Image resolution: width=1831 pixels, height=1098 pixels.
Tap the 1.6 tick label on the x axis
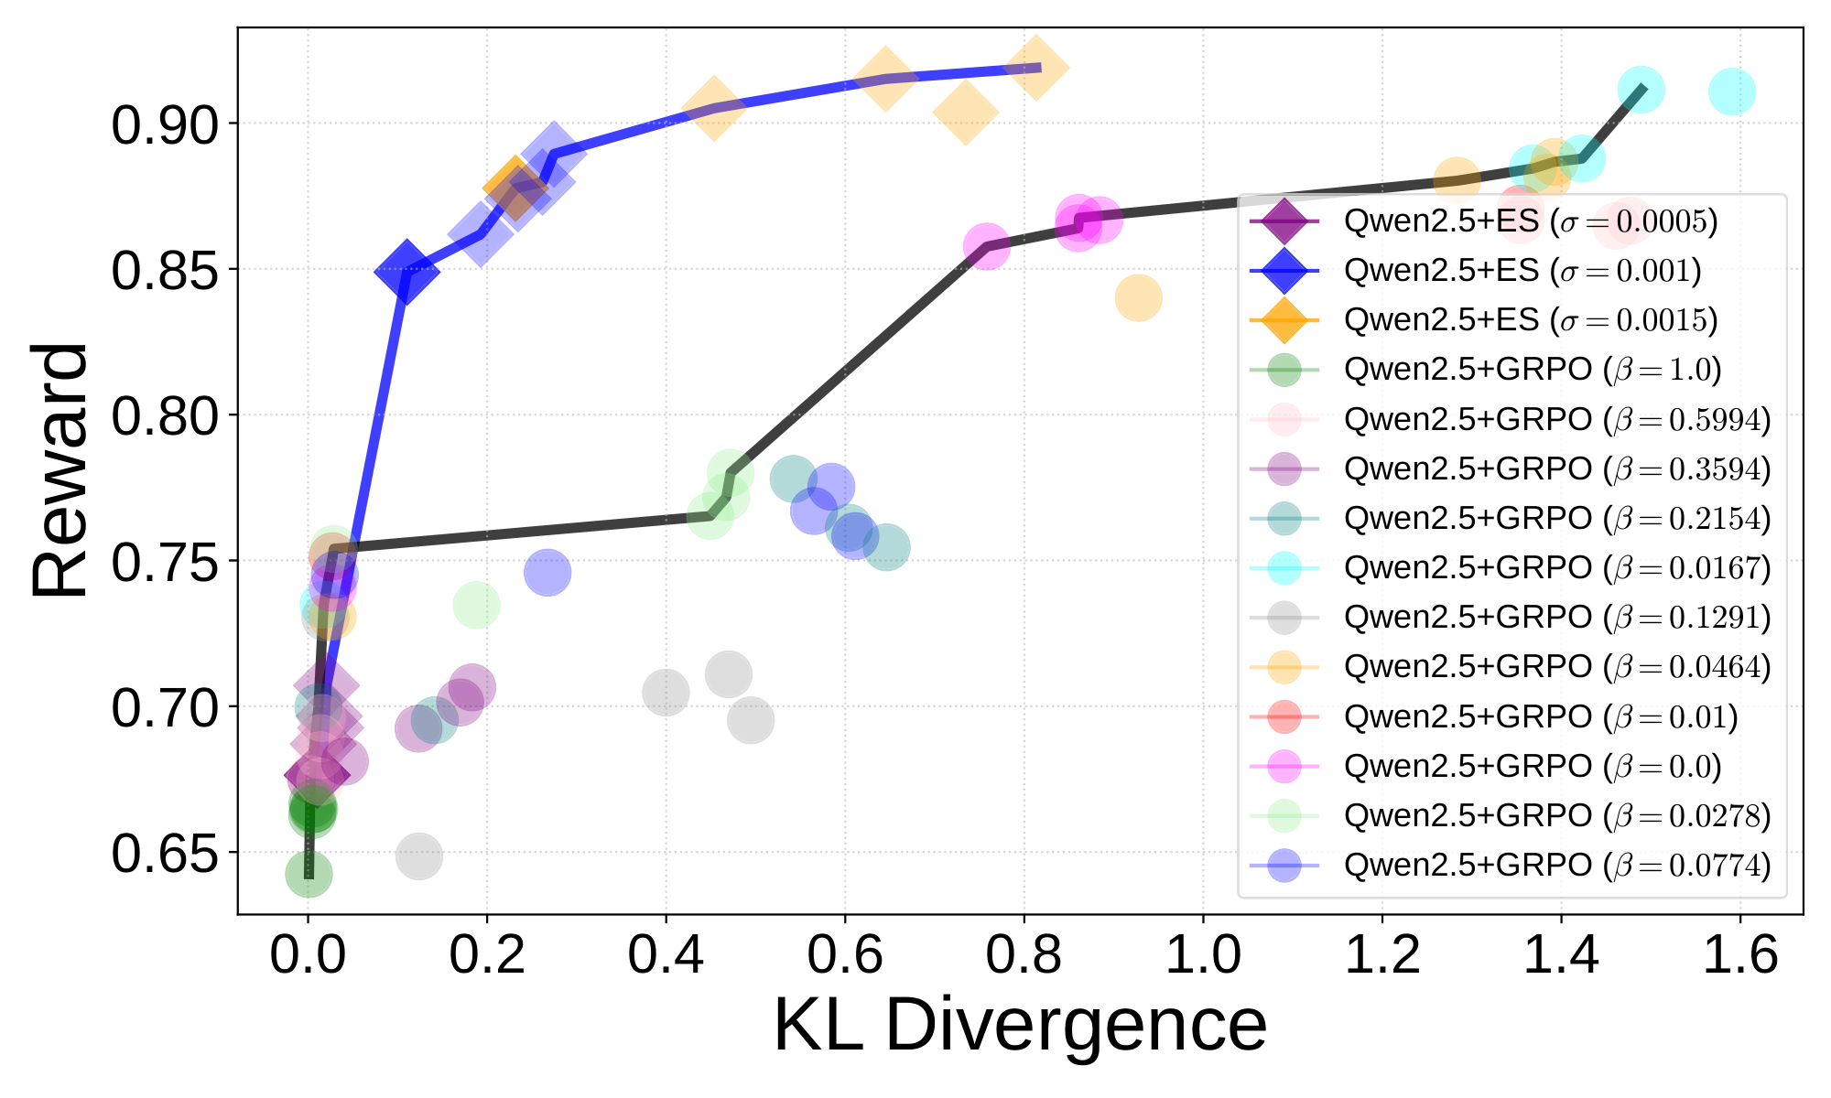pos(1739,955)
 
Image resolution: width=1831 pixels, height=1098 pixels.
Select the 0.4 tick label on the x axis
pos(666,955)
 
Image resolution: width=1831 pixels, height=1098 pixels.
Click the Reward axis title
pos(60,470)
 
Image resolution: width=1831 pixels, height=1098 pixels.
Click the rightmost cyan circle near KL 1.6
pos(1731,91)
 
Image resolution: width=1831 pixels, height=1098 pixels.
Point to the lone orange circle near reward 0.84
pos(1138,297)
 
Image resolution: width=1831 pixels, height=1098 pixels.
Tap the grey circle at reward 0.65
pos(418,856)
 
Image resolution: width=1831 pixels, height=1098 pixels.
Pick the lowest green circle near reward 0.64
pos(309,874)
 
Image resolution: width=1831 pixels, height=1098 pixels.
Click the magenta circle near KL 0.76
pos(986,247)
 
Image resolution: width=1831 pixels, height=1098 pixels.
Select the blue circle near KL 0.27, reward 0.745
pos(547,573)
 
